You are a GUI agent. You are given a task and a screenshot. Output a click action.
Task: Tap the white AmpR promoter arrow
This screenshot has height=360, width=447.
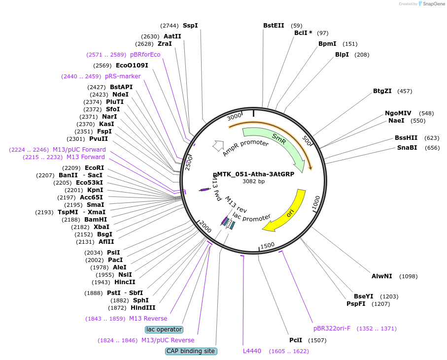[218, 146]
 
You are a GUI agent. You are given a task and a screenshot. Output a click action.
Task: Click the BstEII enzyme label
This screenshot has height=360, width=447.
[274, 26]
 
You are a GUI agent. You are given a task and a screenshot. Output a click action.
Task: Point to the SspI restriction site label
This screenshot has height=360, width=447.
[190, 26]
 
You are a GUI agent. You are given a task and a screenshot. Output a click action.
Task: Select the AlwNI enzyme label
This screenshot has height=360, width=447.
[382, 276]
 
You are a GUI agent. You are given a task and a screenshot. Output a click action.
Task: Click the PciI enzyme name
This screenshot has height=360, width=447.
[296, 340]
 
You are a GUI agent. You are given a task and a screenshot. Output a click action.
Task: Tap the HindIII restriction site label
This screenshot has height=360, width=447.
[143, 308]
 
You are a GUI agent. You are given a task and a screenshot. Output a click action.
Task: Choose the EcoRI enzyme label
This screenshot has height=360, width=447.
[94, 168]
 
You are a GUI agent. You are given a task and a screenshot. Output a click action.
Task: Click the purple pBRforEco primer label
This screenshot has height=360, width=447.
[145, 55]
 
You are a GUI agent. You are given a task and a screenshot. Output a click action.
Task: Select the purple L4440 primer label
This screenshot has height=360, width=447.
[252, 351]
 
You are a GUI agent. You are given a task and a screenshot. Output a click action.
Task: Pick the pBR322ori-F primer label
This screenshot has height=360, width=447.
[332, 328]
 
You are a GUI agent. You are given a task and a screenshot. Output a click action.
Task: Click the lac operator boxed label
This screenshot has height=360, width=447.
[164, 329]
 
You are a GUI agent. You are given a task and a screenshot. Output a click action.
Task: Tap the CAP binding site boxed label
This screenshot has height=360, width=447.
[191, 351]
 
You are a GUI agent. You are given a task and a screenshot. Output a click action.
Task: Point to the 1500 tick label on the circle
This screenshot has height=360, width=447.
[268, 246]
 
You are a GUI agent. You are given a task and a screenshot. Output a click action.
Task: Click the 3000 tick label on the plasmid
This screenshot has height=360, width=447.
[234, 116]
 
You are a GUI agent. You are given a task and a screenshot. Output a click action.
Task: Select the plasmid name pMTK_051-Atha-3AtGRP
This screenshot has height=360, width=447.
[253, 174]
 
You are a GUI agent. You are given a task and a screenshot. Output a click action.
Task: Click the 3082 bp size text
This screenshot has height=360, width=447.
[253, 181]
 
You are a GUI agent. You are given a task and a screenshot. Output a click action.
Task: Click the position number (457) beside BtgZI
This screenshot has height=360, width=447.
[405, 92]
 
